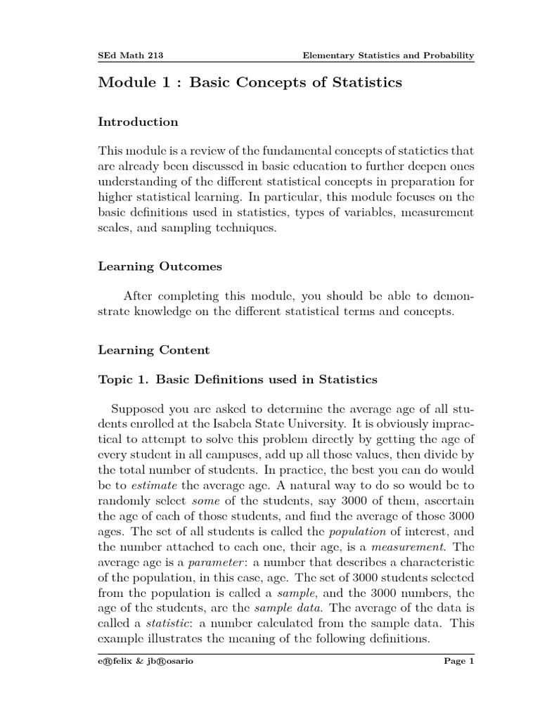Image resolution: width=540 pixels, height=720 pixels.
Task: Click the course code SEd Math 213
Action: (x=131, y=55)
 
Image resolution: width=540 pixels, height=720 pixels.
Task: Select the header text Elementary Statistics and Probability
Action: (x=388, y=55)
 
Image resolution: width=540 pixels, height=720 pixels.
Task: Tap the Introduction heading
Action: (x=138, y=122)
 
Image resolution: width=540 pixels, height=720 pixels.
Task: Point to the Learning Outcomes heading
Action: (x=160, y=267)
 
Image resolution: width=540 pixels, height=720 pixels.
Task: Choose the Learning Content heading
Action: (x=153, y=349)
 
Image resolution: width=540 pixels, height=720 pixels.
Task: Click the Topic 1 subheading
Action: (x=238, y=380)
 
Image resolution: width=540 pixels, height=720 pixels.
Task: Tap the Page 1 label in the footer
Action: (x=460, y=662)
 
